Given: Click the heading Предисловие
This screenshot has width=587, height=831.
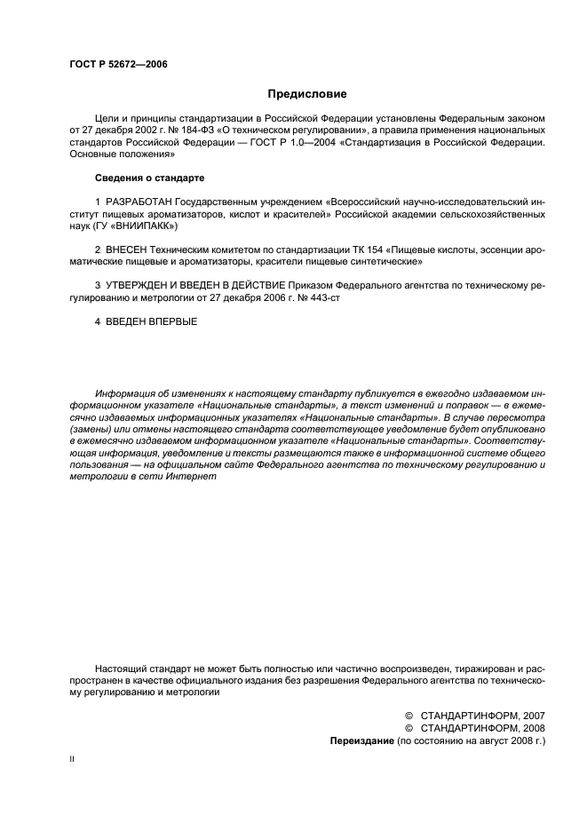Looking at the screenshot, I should click(307, 93).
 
